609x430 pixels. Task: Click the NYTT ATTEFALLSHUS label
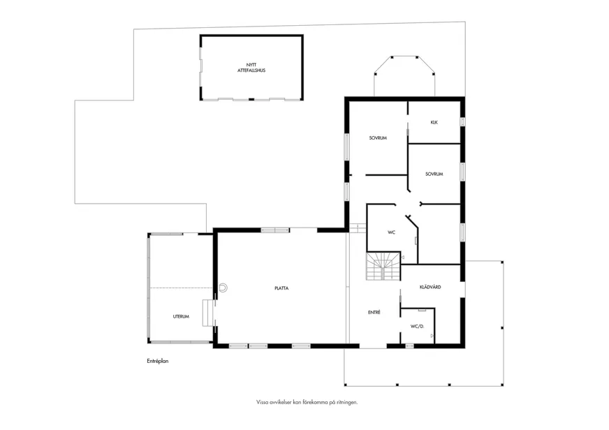[x=251, y=68]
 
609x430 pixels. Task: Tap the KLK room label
[x=434, y=122]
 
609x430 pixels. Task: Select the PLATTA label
[x=281, y=288]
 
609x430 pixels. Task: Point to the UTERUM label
[x=181, y=317]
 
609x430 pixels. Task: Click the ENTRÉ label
[x=374, y=313]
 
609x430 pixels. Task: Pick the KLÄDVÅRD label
[x=430, y=287]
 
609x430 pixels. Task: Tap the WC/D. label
[x=417, y=327]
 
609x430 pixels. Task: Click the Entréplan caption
[x=158, y=362]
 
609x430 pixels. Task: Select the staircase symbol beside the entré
[x=383, y=266]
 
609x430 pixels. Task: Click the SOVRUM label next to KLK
[x=378, y=138]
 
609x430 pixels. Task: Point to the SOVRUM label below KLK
[x=434, y=175]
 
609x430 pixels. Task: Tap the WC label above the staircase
[x=392, y=232]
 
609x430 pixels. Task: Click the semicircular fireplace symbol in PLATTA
[x=223, y=288]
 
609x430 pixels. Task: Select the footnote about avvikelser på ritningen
[x=307, y=403]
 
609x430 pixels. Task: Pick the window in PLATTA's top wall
[x=275, y=230]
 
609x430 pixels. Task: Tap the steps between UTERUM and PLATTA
[x=209, y=313]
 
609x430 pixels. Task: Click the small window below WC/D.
[x=409, y=346]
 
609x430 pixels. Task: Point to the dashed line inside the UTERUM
[x=182, y=288]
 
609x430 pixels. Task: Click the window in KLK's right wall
[x=462, y=121]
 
